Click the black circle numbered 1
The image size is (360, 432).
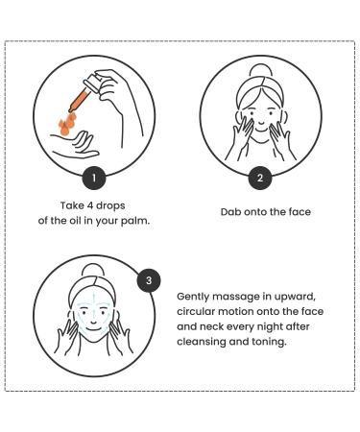94,178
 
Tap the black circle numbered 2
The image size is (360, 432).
260,178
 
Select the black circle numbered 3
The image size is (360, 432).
149,280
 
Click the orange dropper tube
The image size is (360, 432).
79,101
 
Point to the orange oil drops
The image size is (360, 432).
67,124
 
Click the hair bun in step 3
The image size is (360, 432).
93,271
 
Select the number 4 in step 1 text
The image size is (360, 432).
90,205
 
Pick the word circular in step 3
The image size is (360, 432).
195,312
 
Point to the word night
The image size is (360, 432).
269,327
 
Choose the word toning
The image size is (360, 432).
269,342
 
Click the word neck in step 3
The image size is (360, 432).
211,326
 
